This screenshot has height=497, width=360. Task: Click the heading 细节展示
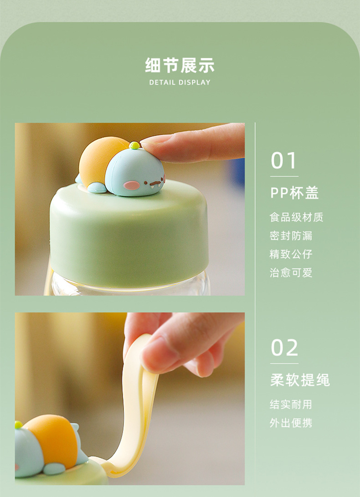[x=180, y=65]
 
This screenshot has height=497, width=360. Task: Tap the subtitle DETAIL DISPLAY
[x=180, y=82]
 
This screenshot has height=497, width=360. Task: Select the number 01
[x=283, y=161]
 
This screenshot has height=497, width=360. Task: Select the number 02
[x=284, y=348]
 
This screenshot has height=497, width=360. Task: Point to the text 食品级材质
[x=297, y=217]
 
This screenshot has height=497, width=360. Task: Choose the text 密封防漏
[x=291, y=236]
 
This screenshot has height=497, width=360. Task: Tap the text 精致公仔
[x=291, y=254]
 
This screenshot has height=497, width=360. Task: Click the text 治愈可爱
[x=291, y=272]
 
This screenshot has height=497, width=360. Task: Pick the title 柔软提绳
[x=300, y=380]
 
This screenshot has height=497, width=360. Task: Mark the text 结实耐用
[x=291, y=405]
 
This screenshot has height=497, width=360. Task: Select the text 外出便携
[x=291, y=423]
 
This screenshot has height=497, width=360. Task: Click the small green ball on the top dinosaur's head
[x=134, y=145]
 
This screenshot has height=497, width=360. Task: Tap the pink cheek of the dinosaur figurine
[x=131, y=185]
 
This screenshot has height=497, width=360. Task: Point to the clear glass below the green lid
[x=130, y=285]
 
